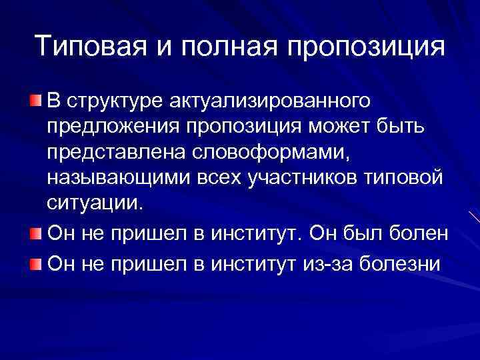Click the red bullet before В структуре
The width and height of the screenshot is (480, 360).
[35, 101]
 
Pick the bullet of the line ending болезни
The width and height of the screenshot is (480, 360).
[35, 264]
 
